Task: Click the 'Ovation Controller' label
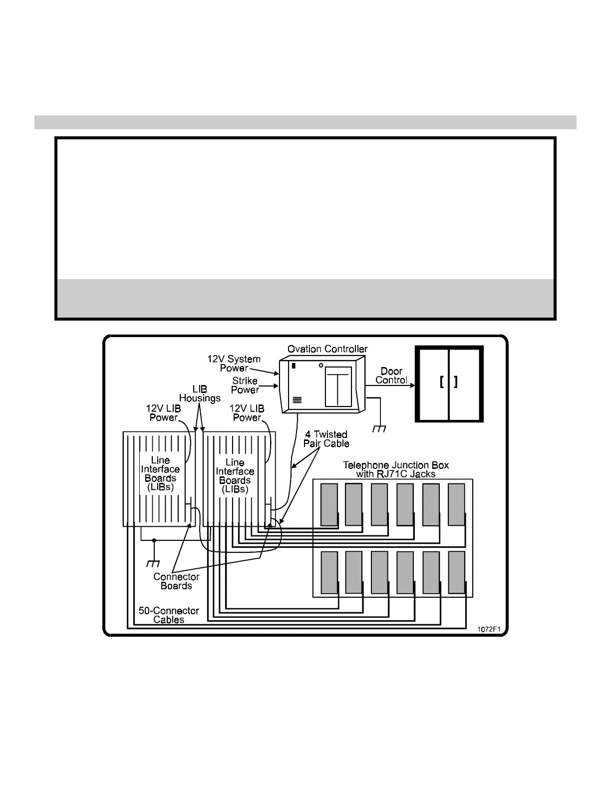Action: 327,349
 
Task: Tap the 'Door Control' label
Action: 391,376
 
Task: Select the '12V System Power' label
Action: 234,364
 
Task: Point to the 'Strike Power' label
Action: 245,385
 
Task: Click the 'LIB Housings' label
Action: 200,394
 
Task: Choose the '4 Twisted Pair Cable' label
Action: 326,439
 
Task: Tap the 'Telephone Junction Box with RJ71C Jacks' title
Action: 396,469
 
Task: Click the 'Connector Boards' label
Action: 176,581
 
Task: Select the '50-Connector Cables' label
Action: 169,615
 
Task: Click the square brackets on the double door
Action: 449,382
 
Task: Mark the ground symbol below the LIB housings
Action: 153,563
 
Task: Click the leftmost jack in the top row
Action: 329,504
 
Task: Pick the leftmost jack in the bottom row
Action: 329,572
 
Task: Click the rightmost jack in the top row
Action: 456,504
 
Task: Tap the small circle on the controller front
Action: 320,366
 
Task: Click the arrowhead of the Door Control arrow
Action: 412,385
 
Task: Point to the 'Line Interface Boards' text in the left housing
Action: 160,473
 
